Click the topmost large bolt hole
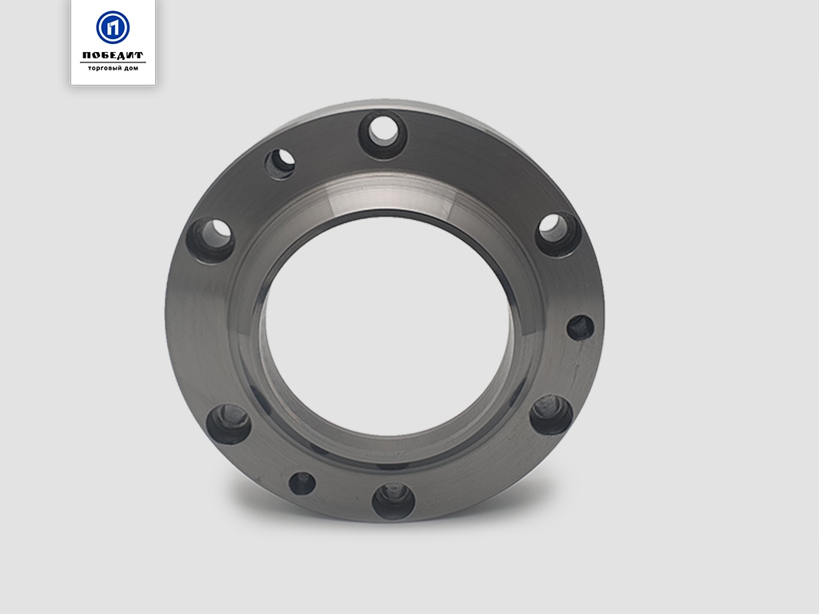tap(384, 135)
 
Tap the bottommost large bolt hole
tap(394, 501)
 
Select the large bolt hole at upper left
tap(210, 241)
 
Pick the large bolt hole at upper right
tap(558, 234)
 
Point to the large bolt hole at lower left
tap(229, 424)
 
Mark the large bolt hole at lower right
tap(551, 415)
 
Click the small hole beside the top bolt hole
tap(280, 165)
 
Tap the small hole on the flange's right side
tap(581, 328)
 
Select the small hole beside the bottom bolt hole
tap(302, 483)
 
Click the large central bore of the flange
tap(386, 327)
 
